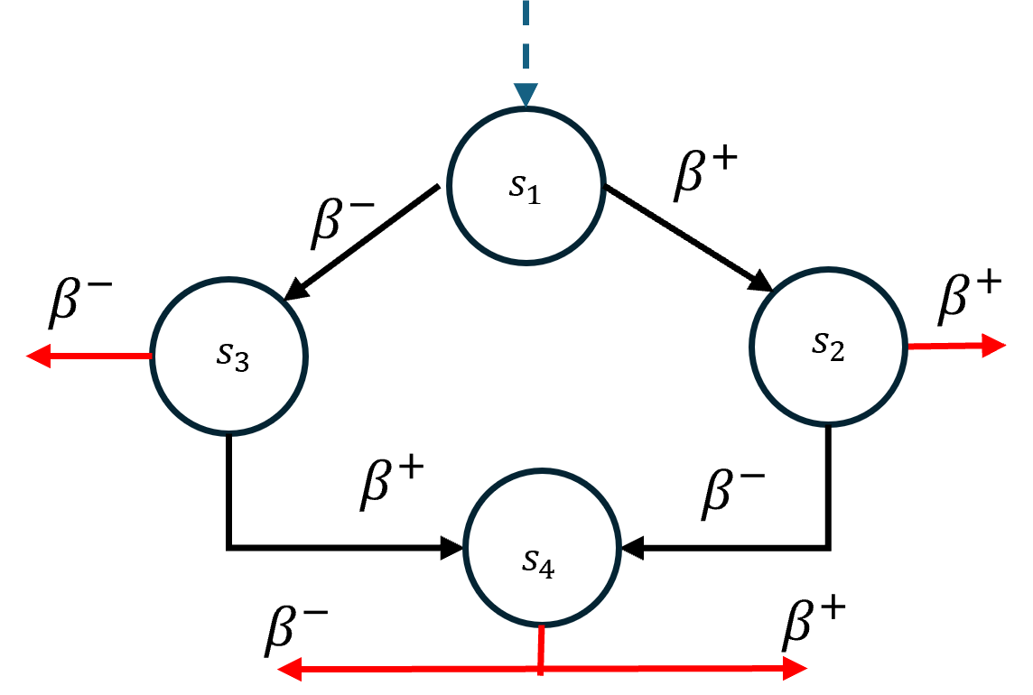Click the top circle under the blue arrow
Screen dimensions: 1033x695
pos(526,186)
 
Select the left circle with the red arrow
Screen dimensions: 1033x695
pos(229,356)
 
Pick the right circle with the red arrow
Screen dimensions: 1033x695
pos(828,346)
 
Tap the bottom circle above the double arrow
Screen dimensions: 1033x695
pos(542,547)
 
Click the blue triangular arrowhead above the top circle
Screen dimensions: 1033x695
pos(526,94)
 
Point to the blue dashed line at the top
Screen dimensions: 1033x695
pos(526,36)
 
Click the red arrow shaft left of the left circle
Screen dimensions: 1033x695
pos(99,356)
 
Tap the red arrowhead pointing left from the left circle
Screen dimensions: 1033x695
pos(38,356)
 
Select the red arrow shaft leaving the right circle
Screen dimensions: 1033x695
pos(945,346)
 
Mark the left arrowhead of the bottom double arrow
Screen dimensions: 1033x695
pos(289,669)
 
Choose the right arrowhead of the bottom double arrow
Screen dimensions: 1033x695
pos(795,668)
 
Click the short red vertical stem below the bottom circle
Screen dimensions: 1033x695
pos(541,645)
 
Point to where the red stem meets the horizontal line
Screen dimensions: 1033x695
pos(541,669)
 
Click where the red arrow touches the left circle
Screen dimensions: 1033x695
pos(152,356)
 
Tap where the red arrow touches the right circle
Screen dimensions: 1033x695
pos(907,346)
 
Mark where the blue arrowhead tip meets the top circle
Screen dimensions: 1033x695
pos(526,107)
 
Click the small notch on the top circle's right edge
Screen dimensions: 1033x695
pos(603,187)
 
